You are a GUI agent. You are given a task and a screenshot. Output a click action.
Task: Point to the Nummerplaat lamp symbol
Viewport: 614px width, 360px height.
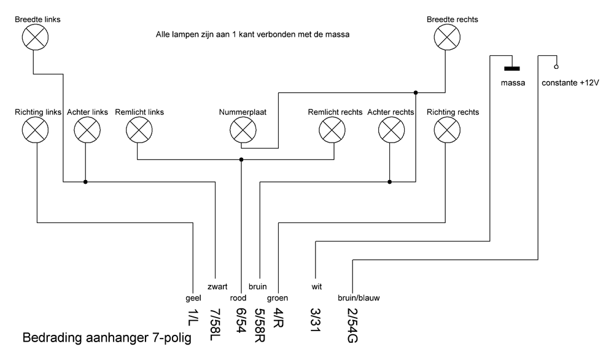[241, 130]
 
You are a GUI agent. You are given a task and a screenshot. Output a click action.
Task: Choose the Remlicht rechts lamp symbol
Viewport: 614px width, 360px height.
[332, 130]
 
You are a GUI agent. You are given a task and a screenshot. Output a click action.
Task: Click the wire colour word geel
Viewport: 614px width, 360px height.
[193, 298]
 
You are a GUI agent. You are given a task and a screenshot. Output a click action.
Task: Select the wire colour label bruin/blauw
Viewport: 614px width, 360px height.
[359, 298]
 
